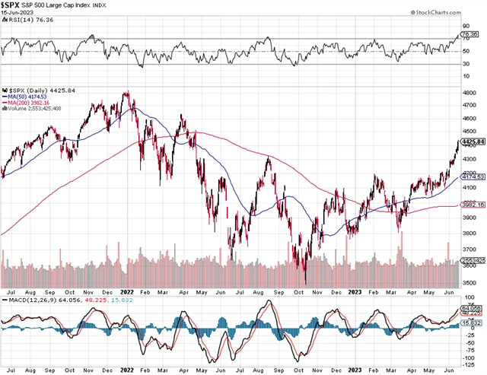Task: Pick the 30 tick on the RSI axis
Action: click(x=473, y=65)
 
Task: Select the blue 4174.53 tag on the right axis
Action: click(x=476, y=176)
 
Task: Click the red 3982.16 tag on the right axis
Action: click(x=476, y=204)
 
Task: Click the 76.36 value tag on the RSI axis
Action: click(x=476, y=34)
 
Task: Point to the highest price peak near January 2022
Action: click(x=126, y=92)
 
